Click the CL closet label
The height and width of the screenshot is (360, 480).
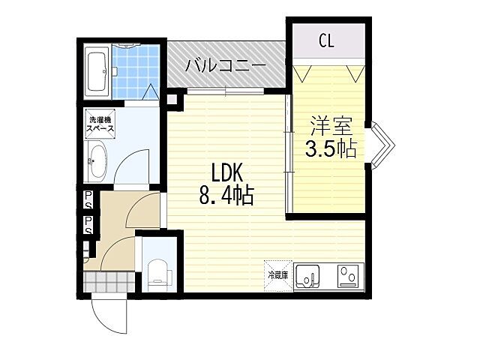click(x=326, y=40)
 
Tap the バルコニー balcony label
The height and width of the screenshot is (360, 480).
click(x=226, y=66)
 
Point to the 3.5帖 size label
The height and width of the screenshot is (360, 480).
click(x=329, y=148)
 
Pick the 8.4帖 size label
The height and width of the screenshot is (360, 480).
click(x=225, y=196)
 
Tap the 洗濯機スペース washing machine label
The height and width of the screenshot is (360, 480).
click(x=99, y=124)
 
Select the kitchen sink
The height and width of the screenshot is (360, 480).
click(x=307, y=277)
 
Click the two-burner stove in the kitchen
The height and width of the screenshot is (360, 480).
click(x=348, y=277)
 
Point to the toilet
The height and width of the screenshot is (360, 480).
click(x=158, y=273)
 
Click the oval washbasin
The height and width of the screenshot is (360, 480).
click(x=97, y=160)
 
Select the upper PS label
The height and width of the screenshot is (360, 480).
click(x=88, y=199)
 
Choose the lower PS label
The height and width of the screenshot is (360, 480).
click(x=88, y=225)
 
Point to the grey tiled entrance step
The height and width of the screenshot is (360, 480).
click(x=109, y=282)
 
